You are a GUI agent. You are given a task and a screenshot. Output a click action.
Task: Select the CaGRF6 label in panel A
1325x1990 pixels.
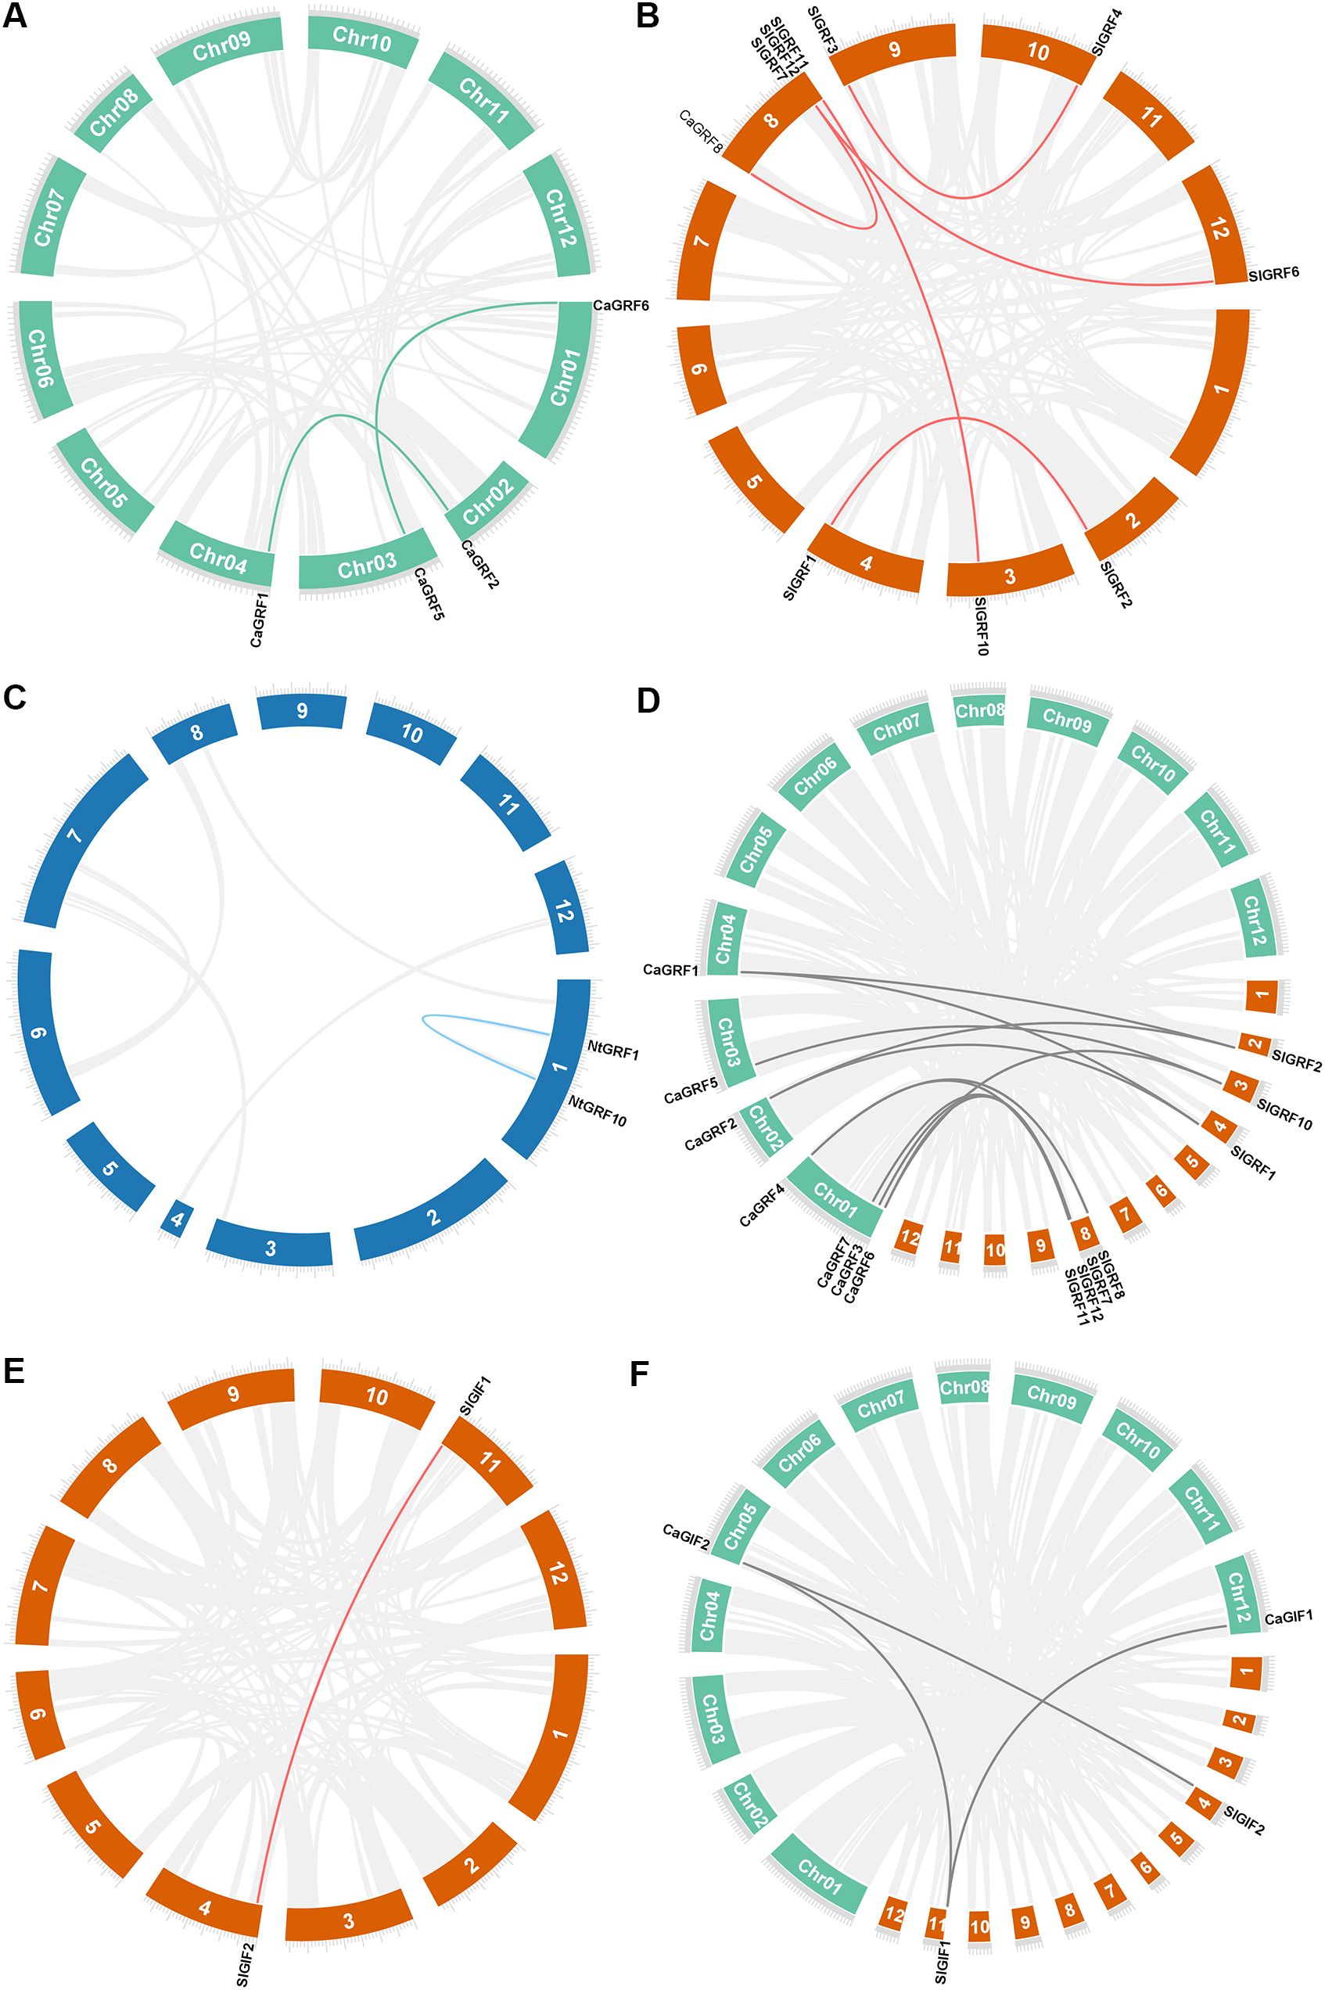click(620, 305)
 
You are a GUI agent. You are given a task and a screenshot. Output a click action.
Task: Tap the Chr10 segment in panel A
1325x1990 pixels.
click(361, 38)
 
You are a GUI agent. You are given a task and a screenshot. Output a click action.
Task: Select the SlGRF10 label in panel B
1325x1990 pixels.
click(981, 625)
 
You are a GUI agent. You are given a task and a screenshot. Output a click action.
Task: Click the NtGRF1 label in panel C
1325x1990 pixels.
click(612, 1053)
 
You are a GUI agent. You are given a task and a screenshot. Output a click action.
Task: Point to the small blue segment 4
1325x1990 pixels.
click(177, 1220)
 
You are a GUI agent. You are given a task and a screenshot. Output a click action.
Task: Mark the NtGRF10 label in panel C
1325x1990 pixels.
click(598, 1112)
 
